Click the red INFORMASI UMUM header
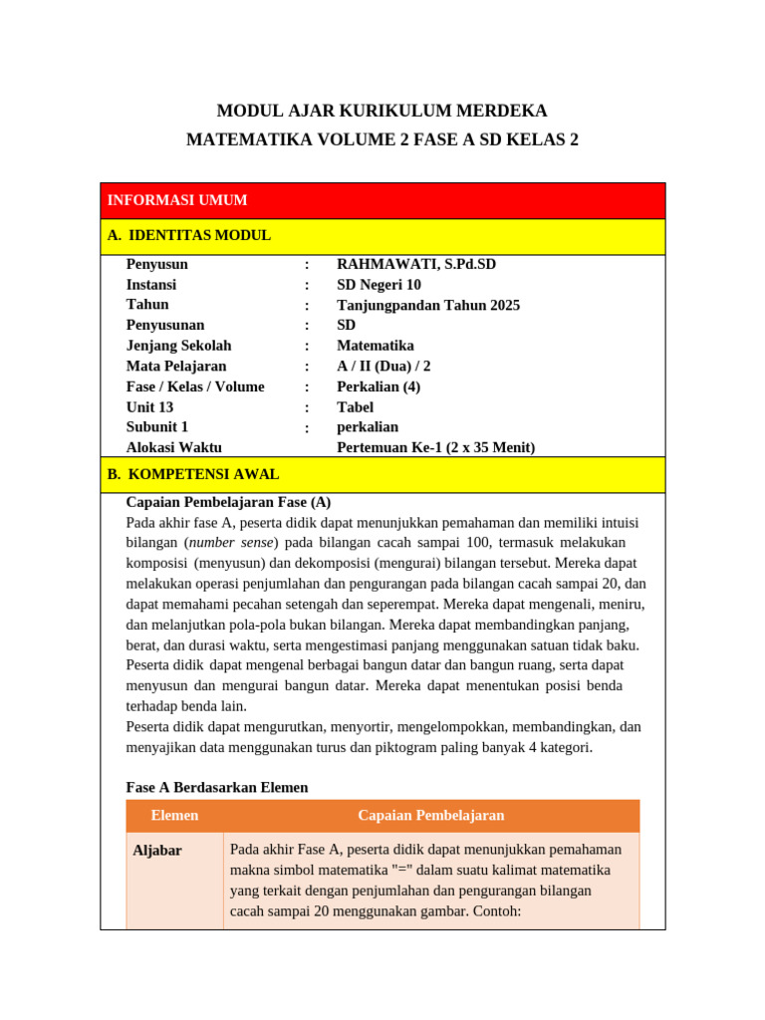click(x=177, y=200)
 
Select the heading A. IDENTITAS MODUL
click(x=188, y=236)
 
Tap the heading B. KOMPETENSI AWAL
click(x=193, y=475)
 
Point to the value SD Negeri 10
click(x=379, y=285)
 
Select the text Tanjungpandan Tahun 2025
click(x=428, y=305)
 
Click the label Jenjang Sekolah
click(x=178, y=346)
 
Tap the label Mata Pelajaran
click(x=176, y=367)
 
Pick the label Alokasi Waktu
click(x=174, y=448)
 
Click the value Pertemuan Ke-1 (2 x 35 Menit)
click(x=435, y=448)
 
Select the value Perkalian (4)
click(x=379, y=386)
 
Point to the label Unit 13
click(x=149, y=407)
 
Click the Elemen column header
click(x=174, y=816)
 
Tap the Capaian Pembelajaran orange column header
click(x=430, y=816)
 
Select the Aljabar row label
click(x=157, y=851)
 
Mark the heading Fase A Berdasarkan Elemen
click(x=217, y=787)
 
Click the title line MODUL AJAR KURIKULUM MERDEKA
click(x=382, y=111)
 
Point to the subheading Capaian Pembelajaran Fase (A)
click(x=228, y=502)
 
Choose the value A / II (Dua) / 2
click(x=383, y=367)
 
